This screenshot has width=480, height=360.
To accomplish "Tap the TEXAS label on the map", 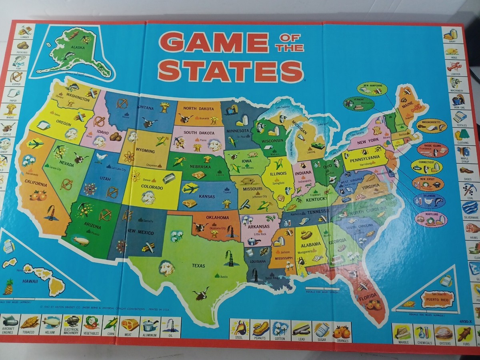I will (198, 265).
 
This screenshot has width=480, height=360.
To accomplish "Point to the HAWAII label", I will (30, 281).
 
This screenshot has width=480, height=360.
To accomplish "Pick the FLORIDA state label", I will (368, 298).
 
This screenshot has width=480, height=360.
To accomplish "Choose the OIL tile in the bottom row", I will (171, 326).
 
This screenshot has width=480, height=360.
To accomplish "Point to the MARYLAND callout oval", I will (431, 219).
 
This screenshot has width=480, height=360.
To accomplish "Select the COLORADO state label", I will (152, 187).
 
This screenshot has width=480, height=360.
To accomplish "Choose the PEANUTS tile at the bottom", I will (260, 330).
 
